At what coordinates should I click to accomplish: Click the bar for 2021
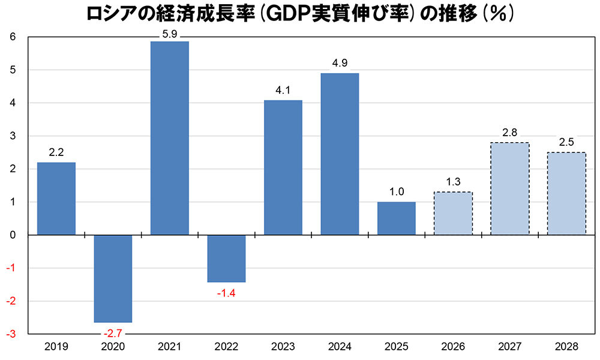169,138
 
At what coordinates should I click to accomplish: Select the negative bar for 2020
113,278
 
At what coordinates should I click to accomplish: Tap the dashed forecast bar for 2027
509,188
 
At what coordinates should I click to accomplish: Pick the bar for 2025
396,218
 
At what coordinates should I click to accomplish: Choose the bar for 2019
56,198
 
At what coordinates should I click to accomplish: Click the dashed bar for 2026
453,213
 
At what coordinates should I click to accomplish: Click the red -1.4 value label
226,293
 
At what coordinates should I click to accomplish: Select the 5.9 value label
169,34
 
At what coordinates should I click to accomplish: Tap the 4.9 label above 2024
340,62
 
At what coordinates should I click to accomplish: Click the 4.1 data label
283,89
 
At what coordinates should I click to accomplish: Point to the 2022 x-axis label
226,347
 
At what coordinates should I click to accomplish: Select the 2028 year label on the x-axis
566,347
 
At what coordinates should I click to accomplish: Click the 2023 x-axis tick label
283,347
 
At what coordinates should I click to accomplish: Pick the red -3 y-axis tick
11,334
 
